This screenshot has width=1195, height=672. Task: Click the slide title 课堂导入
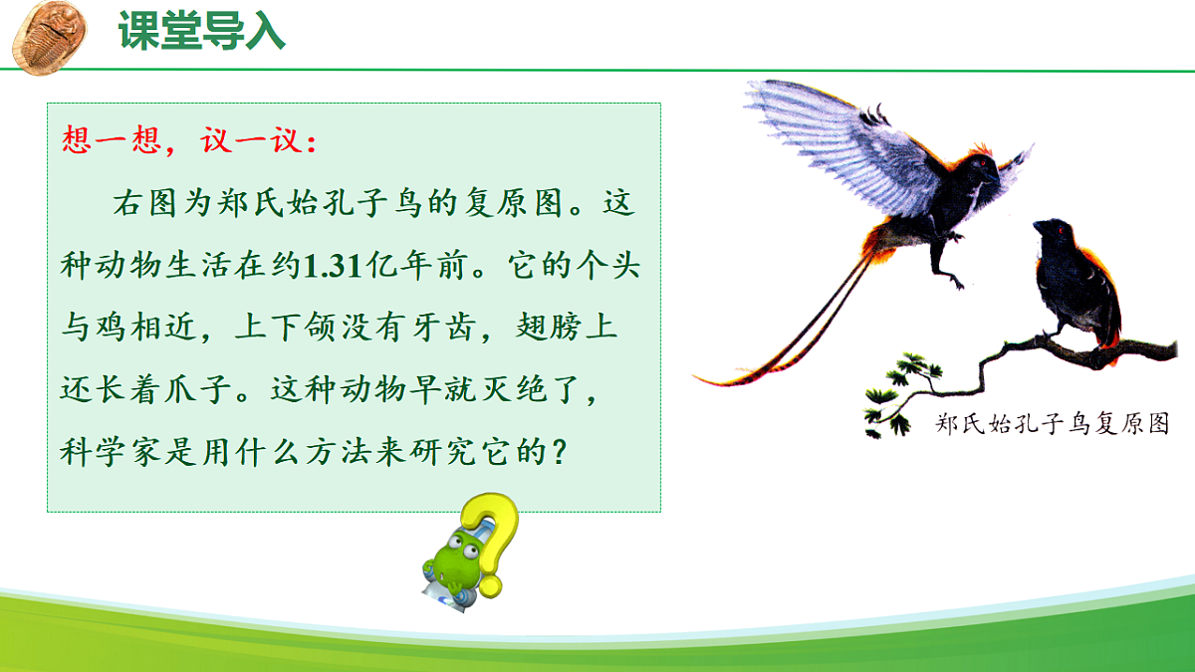click(202, 32)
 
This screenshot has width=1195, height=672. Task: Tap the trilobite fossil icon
click(47, 35)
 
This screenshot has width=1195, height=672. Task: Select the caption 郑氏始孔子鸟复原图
click(1052, 424)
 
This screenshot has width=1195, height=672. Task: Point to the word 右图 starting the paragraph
click(136, 206)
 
